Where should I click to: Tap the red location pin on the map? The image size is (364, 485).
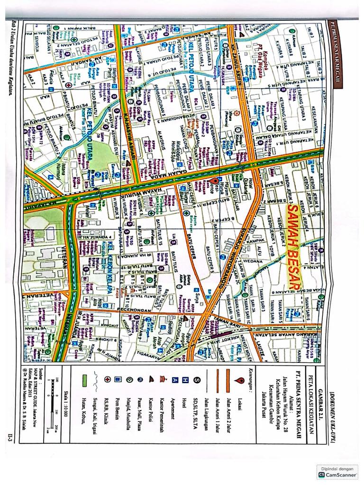214,181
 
